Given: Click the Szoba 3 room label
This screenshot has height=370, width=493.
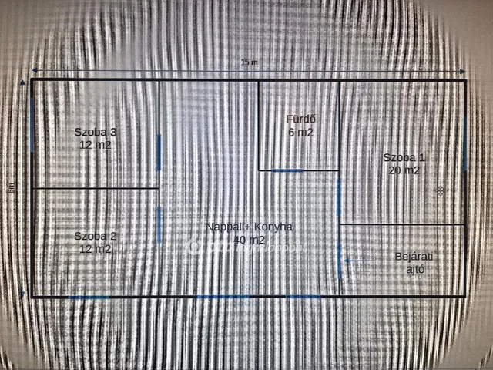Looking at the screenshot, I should (x=96, y=132).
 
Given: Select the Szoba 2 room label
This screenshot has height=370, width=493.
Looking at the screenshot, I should (x=96, y=236).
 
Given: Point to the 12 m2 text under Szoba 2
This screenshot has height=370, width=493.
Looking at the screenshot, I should (x=96, y=249).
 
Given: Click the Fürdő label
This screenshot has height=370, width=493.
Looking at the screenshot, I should (x=300, y=119).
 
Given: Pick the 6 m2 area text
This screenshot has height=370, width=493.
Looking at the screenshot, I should (x=300, y=132).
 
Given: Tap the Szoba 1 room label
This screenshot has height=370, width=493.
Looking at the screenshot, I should (x=404, y=157).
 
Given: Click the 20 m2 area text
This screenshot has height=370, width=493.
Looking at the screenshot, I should (x=404, y=170).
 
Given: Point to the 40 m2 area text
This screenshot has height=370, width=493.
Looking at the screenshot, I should (x=249, y=240).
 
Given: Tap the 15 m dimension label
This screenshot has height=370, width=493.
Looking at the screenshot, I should (x=249, y=62).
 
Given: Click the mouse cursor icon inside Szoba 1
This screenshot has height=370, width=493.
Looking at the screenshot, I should (x=440, y=190).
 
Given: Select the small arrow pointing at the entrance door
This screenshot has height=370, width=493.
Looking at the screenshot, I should (x=348, y=261).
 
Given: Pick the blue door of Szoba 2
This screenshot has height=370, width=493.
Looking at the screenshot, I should (x=159, y=224).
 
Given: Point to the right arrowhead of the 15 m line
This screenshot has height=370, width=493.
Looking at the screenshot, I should (x=462, y=70).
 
